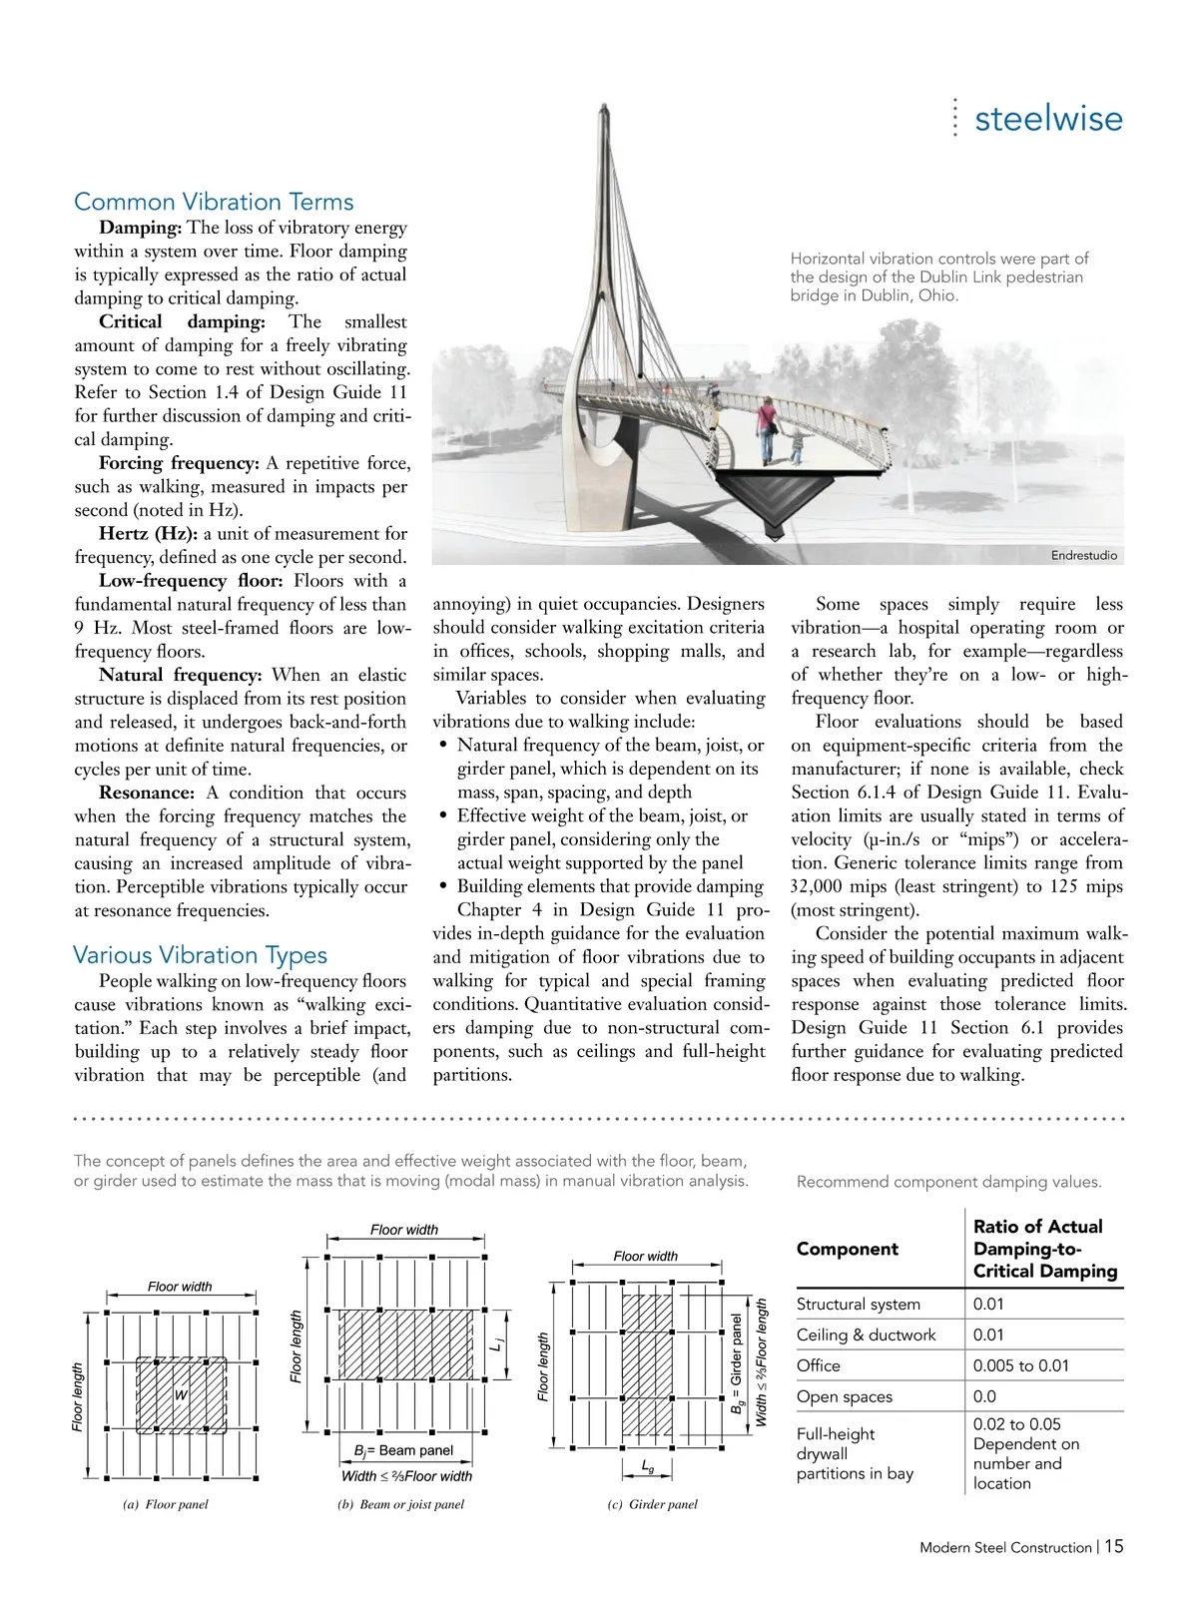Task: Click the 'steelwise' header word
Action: (x=1048, y=119)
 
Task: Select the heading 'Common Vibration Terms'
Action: (x=214, y=202)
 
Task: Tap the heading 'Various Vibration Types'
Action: (x=200, y=955)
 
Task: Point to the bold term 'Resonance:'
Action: (x=146, y=793)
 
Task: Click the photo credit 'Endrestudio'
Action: (x=1084, y=555)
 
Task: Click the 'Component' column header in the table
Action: (x=847, y=1249)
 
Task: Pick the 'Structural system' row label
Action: (x=859, y=1305)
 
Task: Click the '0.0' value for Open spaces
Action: (x=988, y=1396)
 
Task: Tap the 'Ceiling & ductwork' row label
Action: (x=866, y=1335)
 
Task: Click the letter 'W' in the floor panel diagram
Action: (x=181, y=1394)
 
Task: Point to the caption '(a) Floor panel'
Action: (x=165, y=1504)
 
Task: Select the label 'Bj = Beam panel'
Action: (x=403, y=1450)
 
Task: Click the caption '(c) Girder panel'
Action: (x=652, y=1504)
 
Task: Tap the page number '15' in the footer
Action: (x=1114, y=1546)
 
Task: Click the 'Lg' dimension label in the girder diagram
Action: (x=647, y=1467)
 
